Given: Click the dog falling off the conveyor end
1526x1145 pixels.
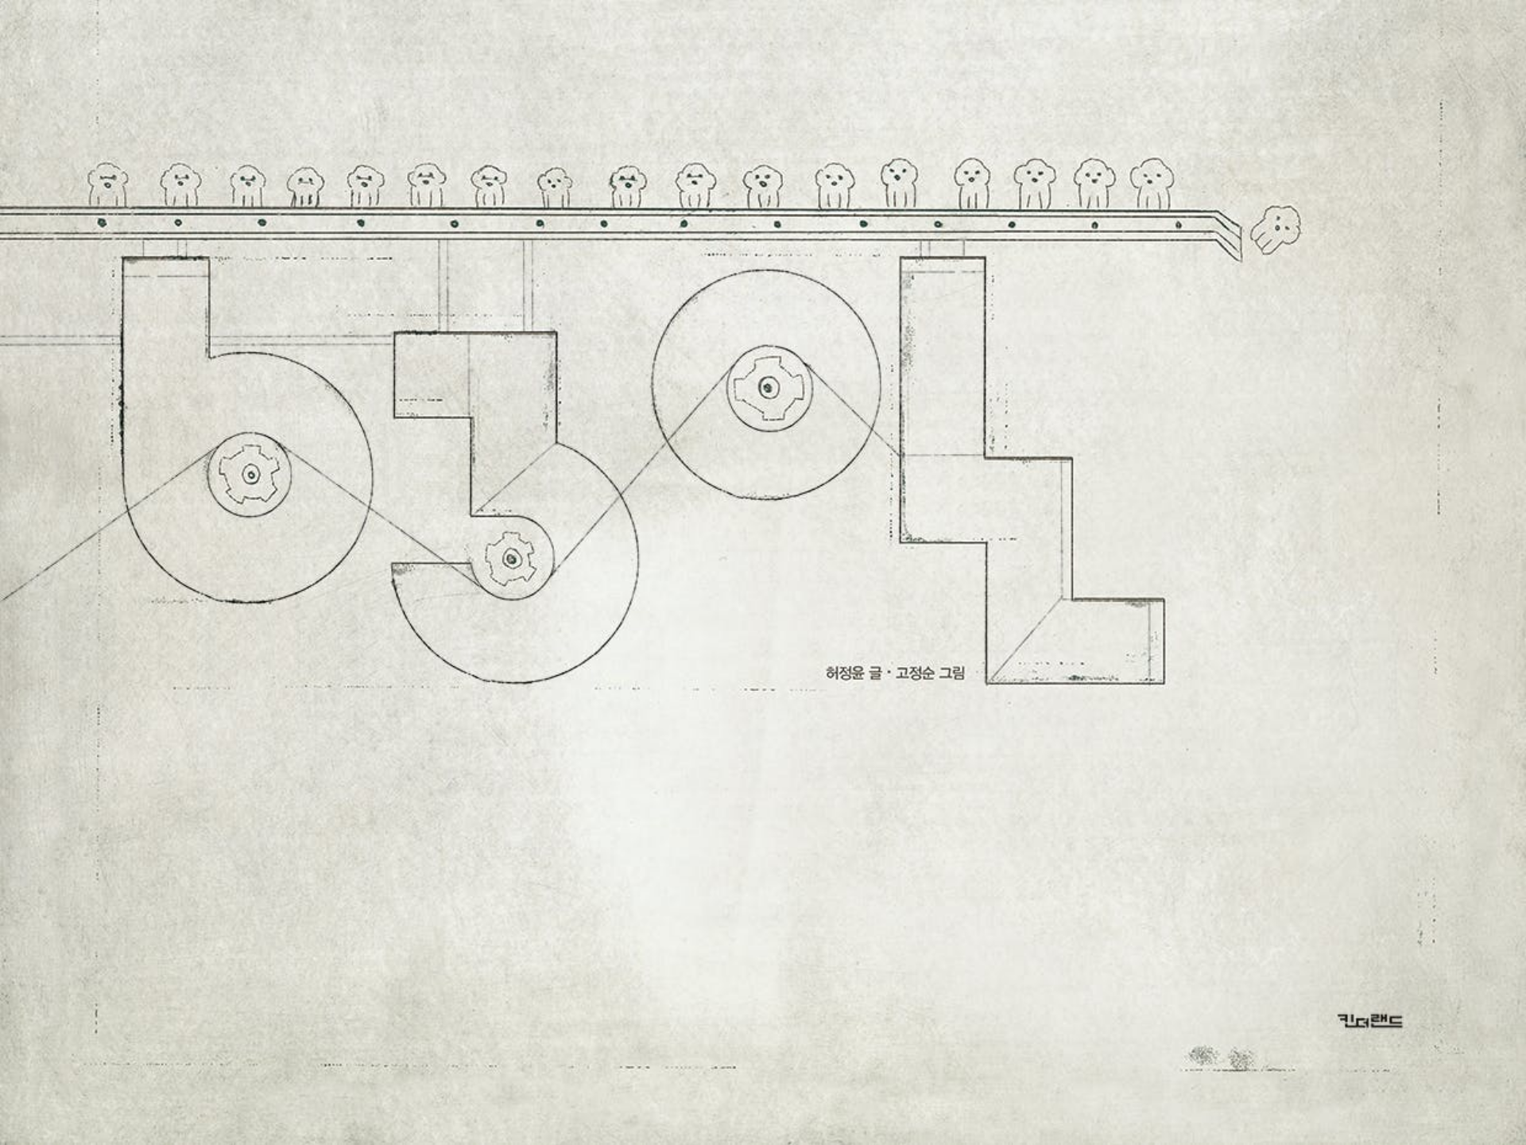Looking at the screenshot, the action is (x=1276, y=229).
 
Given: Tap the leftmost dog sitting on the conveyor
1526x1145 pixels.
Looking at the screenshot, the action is (x=107, y=184).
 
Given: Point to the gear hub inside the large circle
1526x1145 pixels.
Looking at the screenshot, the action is (x=768, y=387).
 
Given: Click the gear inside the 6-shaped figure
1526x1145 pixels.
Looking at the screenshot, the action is (x=250, y=474).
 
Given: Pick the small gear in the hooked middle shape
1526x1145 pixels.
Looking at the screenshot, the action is (x=509, y=559).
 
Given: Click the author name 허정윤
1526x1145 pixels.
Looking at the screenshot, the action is (x=846, y=673).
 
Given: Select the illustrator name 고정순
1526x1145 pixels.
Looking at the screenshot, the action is (x=915, y=673).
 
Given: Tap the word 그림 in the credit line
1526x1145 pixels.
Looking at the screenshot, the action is (x=951, y=673).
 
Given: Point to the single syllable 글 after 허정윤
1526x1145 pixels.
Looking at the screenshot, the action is (x=875, y=673).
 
